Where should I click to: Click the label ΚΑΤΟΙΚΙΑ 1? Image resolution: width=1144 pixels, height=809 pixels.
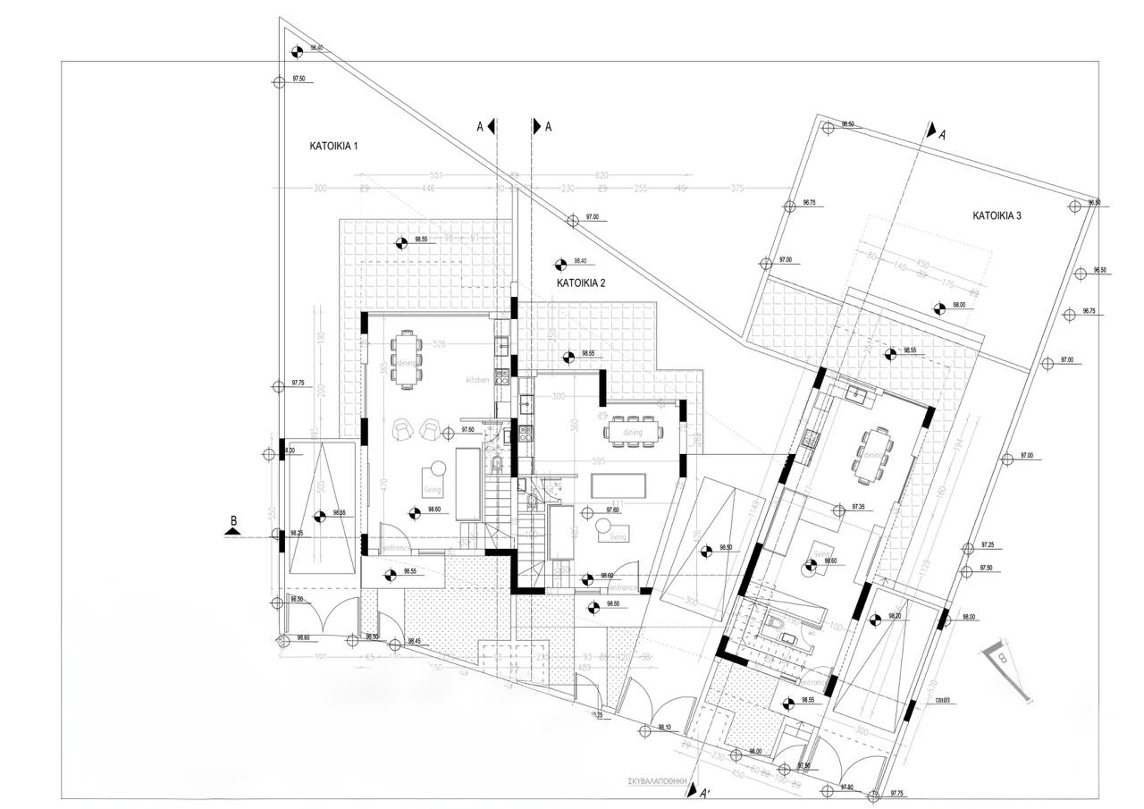(333, 145)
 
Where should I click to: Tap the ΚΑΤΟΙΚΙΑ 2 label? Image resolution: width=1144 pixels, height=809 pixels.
(581, 282)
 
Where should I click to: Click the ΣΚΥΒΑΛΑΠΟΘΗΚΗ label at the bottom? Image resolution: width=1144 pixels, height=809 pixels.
(661, 780)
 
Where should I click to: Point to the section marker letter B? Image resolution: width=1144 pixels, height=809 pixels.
(233, 520)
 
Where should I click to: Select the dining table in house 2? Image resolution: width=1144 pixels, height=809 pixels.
(634, 432)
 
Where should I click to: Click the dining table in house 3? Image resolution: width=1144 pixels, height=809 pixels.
(871, 456)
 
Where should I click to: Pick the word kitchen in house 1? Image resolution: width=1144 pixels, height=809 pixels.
(477, 380)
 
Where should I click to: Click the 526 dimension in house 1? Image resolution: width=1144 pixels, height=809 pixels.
(439, 344)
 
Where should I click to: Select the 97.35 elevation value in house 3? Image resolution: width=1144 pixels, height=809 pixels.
(859, 507)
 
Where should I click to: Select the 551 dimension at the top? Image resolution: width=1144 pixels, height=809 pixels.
(437, 175)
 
